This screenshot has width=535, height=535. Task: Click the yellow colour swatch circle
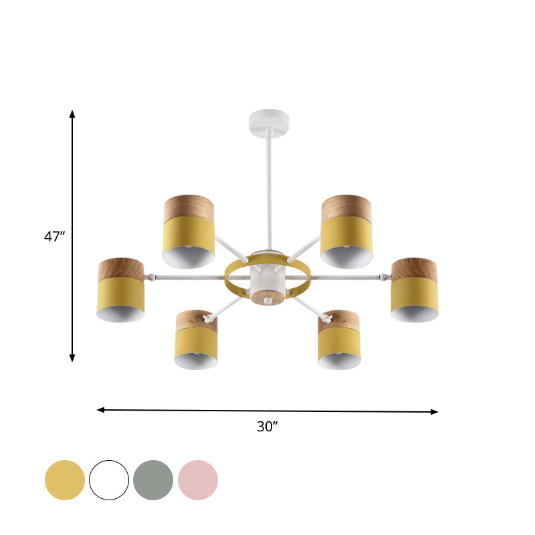(65, 480)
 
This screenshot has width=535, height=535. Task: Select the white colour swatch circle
(109, 480)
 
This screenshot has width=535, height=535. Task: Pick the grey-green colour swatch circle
(153, 480)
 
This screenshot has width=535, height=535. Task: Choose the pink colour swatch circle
(198, 480)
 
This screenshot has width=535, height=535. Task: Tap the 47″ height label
(54, 236)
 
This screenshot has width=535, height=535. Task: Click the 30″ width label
(267, 427)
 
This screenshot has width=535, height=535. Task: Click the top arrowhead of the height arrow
(72, 114)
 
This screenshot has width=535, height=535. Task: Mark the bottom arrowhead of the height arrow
(72, 358)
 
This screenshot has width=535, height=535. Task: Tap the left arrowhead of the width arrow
(100, 409)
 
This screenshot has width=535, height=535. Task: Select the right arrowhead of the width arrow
(435, 412)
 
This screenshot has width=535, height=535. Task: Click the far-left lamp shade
(120, 290)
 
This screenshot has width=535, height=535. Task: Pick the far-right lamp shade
(415, 290)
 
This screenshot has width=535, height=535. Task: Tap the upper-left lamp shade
(189, 231)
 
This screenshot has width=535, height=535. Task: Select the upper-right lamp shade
(346, 231)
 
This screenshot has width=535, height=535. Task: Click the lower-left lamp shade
(196, 340)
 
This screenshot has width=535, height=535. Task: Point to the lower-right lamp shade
(339, 340)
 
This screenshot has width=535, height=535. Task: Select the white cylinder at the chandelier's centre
(267, 278)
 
